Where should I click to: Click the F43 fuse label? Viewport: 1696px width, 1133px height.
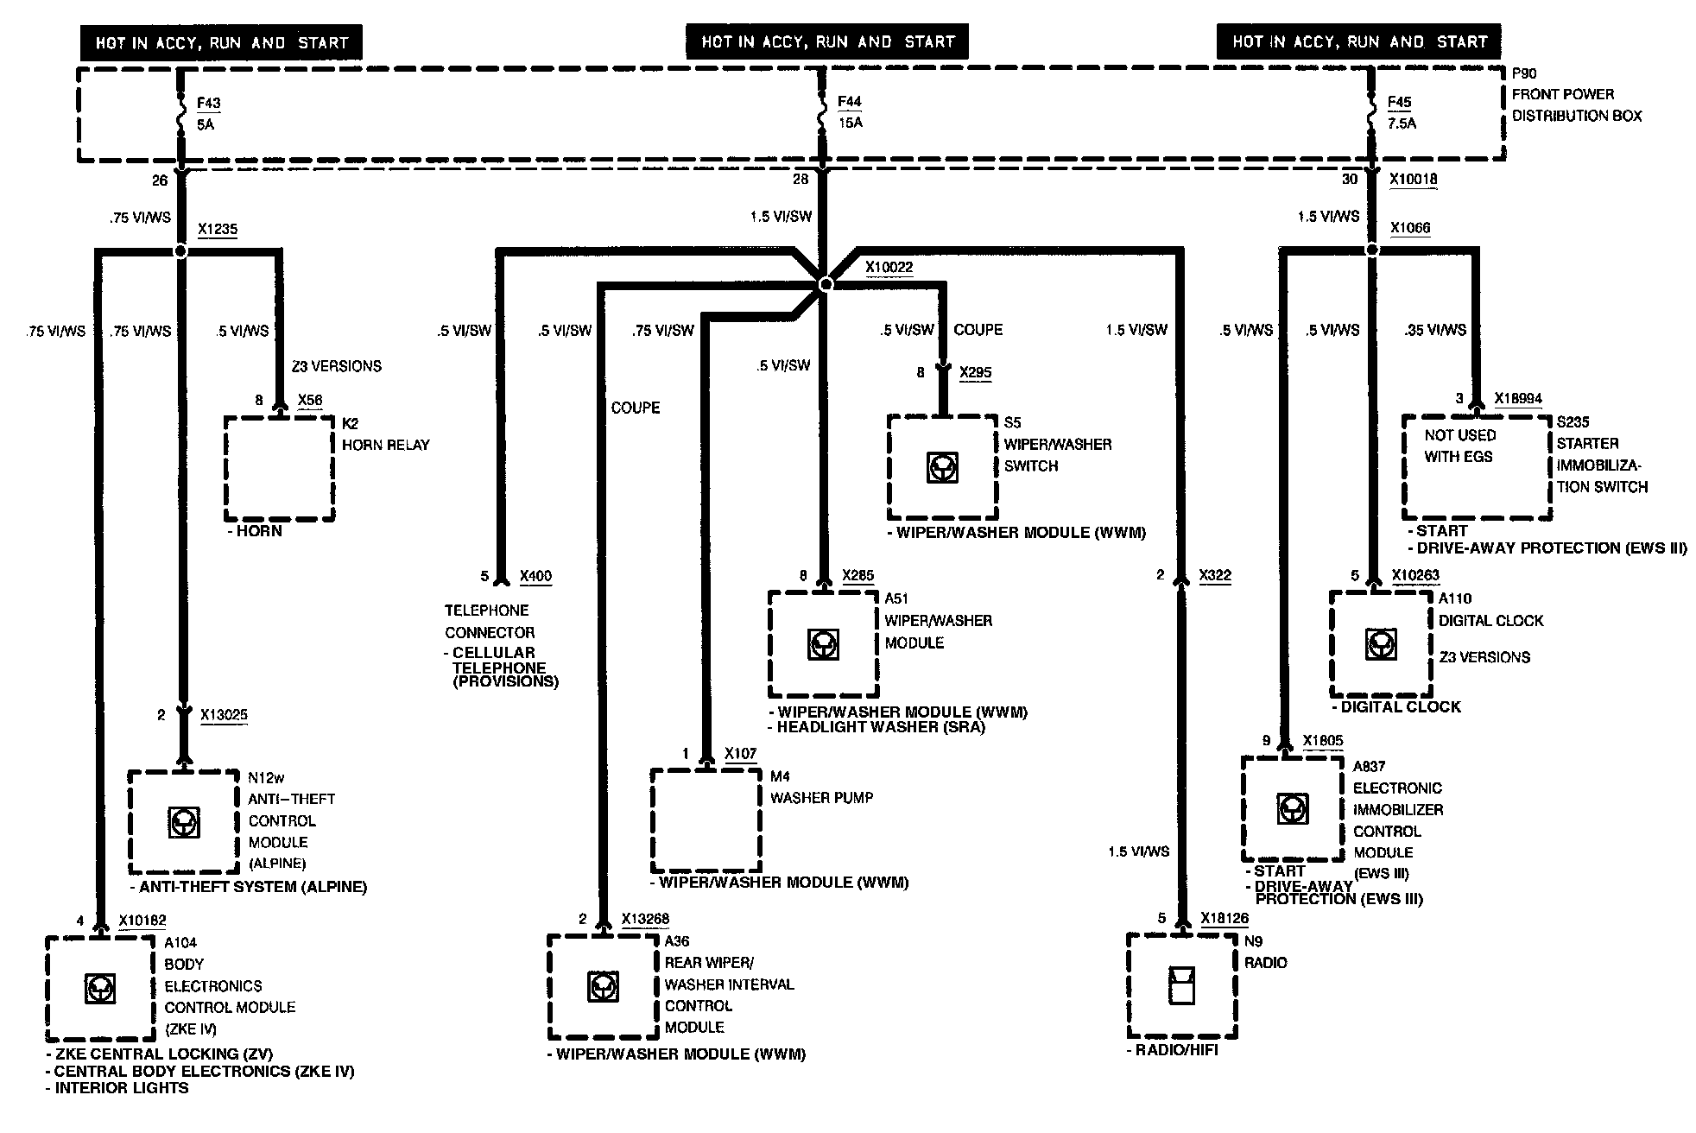pyautogui.click(x=208, y=104)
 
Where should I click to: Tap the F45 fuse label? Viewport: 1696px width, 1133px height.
pyautogui.click(x=1399, y=103)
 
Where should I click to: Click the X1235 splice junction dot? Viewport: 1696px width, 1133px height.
pyautogui.click(x=180, y=251)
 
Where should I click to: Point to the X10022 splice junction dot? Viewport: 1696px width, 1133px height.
pyautogui.click(x=826, y=283)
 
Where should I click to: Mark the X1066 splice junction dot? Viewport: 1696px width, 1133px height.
pyautogui.click(x=1372, y=250)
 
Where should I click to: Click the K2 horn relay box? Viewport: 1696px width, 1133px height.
pyautogui.click(x=279, y=468)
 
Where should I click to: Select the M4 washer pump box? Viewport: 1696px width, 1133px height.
pyautogui.click(x=706, y=820)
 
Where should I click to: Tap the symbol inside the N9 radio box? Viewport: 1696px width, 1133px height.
pyautogui.click(x=1181, y=985)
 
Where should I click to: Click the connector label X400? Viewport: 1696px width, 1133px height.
pyautogui.click(x=535, y=576)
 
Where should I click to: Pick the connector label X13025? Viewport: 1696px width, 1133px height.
pyautogui.click(x=224, y=715)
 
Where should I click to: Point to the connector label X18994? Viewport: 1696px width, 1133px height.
pyautogui.click(x=1517, y=399)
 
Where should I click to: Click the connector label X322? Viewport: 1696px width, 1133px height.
pyautogui.click(x=1215, y=575)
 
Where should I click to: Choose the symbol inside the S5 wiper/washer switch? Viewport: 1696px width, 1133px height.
pyautogui.click(x=941, y=467)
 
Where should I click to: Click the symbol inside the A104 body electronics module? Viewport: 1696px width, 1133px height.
pyautogui.click(x=100, y=988)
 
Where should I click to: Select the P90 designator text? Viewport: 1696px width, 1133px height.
pyautogui.click(x=1524, y=74)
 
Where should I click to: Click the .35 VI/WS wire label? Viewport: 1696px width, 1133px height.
pyautogui.click(x=1434, y=330)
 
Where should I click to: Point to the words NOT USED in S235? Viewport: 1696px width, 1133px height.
pyautogui.click(x=1460, y=435)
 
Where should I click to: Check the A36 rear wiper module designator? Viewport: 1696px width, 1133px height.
pyautogui.click(x=677, y=941)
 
